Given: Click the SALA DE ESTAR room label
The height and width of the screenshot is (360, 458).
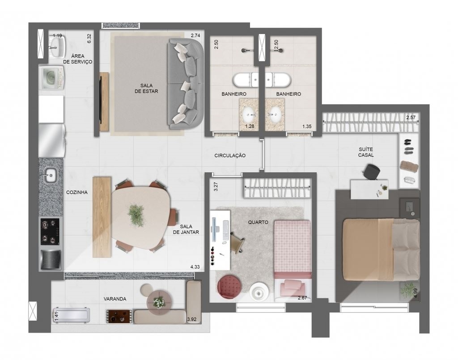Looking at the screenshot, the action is (x=146, y=88).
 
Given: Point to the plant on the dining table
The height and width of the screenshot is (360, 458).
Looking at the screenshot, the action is (x=136, y=216).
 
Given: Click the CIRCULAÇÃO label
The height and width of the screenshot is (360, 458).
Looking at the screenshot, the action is (x=230, y=156).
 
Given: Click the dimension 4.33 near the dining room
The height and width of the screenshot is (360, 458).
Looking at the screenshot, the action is (x=195, y=267).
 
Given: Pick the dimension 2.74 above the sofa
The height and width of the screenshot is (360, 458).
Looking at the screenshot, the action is (x=195, y=36).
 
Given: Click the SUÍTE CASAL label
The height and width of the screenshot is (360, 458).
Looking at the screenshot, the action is (x=366, y=152).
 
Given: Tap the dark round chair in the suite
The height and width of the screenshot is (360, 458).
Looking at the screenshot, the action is (x=372, y=171).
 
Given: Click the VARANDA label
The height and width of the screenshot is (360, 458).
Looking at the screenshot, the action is (x=115, y=299).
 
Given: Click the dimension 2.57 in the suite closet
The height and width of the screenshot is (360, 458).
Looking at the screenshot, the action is (x=411, y=118).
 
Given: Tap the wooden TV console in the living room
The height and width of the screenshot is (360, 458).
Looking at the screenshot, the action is (x=104, y=102).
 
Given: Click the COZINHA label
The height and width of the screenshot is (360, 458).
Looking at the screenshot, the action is (x=77, y=192).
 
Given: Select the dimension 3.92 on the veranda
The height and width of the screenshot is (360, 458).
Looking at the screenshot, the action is (x=191, y=319).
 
